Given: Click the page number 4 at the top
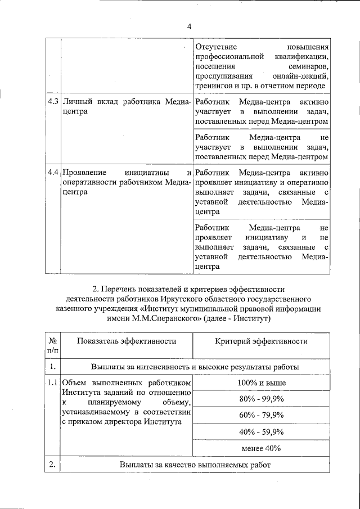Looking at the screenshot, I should (189, 26).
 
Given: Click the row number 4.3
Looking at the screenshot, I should (53, 102).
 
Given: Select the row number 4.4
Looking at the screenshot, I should (53, 172).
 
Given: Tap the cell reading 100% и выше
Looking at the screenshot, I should (261, 383).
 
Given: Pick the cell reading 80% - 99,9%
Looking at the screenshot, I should (261, 399).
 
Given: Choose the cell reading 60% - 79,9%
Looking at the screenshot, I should (261, 416).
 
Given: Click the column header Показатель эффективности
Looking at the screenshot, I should (127, 341).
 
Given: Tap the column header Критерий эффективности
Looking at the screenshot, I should (261, 341).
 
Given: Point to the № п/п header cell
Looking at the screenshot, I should (52, 346).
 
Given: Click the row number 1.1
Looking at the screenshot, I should (53, 383).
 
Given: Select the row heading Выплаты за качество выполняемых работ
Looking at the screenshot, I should (195, 465).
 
